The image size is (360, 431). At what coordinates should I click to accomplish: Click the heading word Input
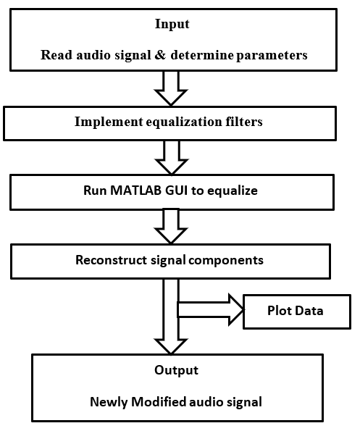172,24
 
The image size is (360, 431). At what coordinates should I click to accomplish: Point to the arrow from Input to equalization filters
172,89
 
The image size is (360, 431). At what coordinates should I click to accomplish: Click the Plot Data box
297,311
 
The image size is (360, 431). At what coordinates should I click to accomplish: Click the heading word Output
175,369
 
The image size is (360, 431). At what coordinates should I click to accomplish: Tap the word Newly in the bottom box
108,401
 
